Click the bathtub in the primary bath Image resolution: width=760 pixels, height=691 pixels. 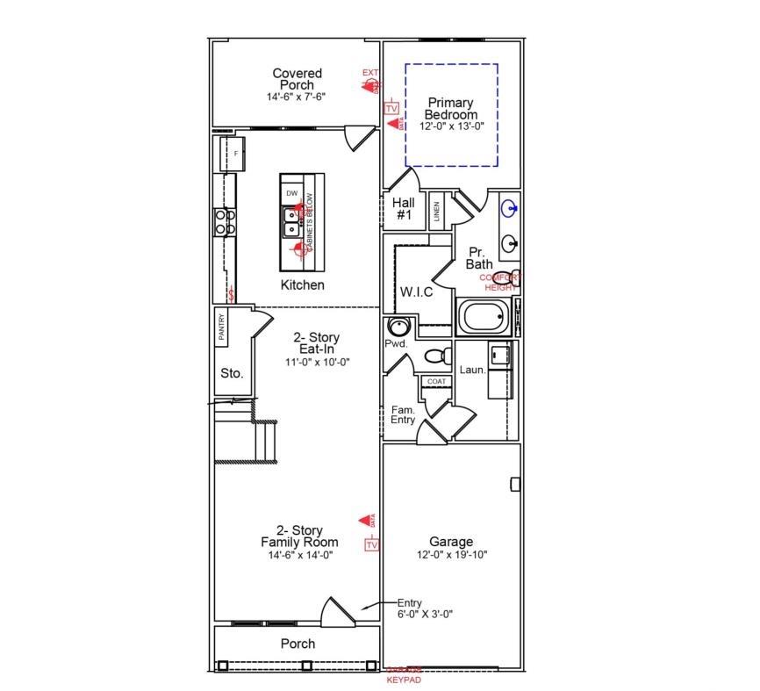click(x=484, y=316)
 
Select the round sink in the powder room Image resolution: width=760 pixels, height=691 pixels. click(x=398, y=328)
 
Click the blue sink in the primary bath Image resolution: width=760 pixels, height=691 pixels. click(x=509, y=209)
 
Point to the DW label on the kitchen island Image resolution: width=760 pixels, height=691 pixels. click(x=291, y=193)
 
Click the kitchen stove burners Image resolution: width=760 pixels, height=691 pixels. click(x=226, y=220)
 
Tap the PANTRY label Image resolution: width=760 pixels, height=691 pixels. click(x=222, y=328)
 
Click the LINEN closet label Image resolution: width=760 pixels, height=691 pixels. click(x=436, y=212)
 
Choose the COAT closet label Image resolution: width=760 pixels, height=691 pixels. click(x=436, y=382)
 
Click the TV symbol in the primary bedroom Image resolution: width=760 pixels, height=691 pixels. click(x=391, y=107)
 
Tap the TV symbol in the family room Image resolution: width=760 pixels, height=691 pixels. click(x=371, y=545)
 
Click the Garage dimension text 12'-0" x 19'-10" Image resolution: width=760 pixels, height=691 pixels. click(x=451, y=555)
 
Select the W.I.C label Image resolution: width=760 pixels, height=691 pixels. click(x=416, y=292)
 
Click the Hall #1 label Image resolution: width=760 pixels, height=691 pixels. click(x=404, y=208)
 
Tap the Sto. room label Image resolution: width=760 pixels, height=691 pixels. click(x=232, y=373)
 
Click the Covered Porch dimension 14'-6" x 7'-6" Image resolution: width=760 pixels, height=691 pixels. click(x=297, y=97)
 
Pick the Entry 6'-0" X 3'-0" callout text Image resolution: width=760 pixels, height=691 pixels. click(x=425, y=608)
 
